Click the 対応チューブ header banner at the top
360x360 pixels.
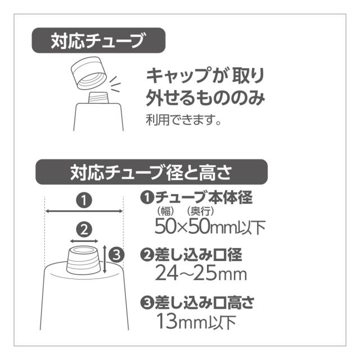tap(98, 40)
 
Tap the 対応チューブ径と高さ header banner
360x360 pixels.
tap(151, 172)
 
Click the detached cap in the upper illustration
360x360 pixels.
tap(88, 73)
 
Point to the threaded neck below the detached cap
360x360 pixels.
tap(98, 97)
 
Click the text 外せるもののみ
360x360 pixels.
tap(205, 98)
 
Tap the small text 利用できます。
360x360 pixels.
tap(183, 119)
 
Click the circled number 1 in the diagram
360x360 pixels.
tap(84, 200)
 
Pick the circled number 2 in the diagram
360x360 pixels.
tap(84, 229)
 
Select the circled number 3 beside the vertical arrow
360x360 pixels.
tap(116, 255)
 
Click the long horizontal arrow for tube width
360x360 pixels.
tap(84, 211)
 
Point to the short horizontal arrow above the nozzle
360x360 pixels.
tap(84, 241)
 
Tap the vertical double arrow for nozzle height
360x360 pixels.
tap(105, 259)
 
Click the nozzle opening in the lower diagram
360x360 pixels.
tap(83, 250)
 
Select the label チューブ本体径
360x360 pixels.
tap(204, 197)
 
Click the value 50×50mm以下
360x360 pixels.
tap(210, 227)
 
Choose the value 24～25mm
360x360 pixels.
tap(201, 273)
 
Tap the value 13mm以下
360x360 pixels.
tap(196, 321)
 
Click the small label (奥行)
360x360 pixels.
tap(200, 211)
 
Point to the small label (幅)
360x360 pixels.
tap(165, 211)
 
